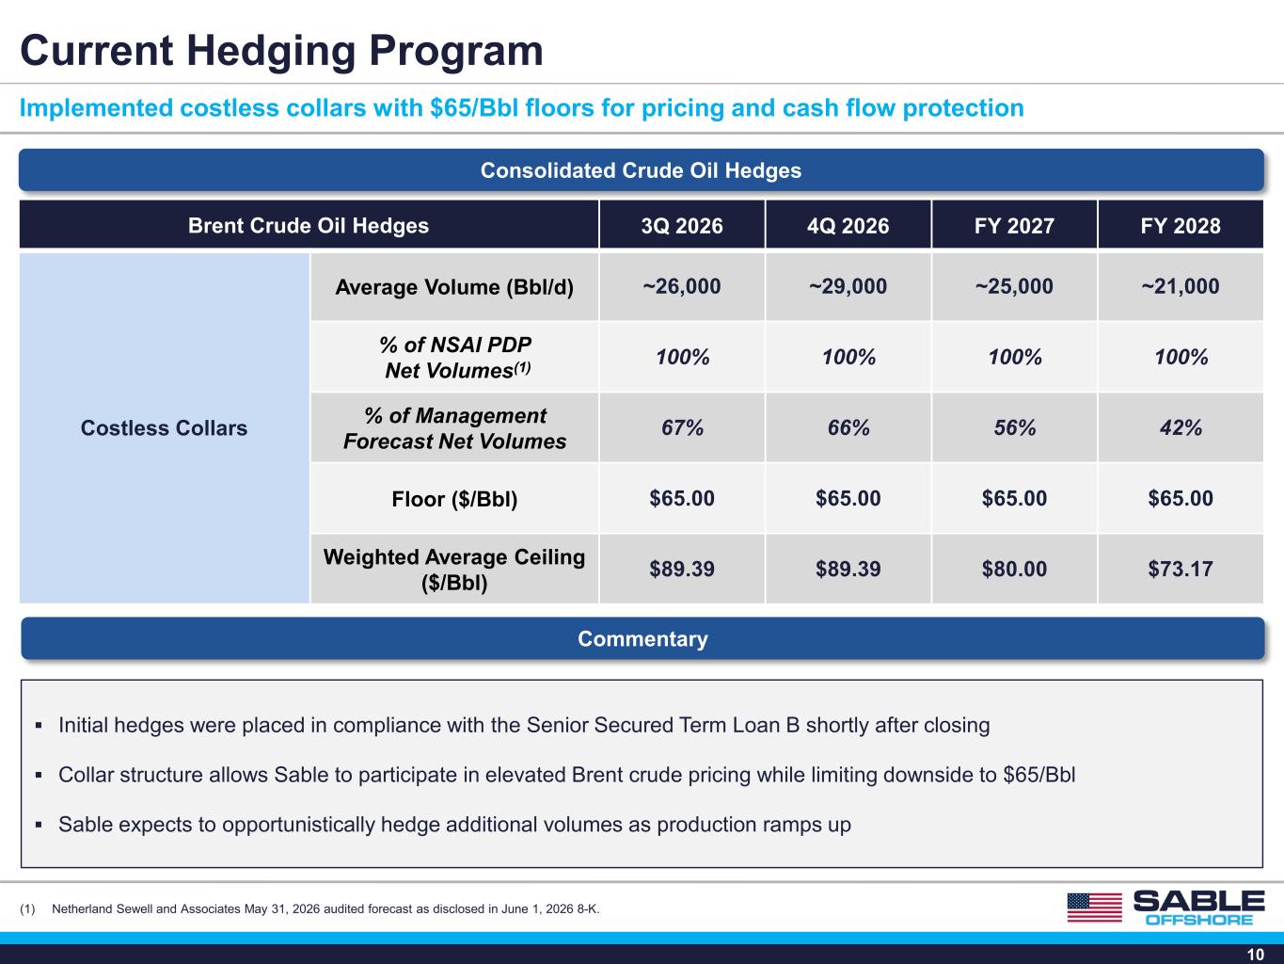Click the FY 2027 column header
point(1014,225)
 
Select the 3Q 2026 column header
point(681,225)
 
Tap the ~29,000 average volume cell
point(848,286)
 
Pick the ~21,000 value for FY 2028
point(1180,286)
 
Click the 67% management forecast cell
point(682,427)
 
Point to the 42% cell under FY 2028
point(1181,427)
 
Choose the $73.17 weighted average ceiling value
point(1180,569)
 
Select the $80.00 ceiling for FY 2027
point(1014,569)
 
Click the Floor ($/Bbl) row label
point(454,499)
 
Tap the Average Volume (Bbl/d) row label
point(454,287)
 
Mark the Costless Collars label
point(164,427)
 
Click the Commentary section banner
point(642,638)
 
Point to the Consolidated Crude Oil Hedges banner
point(642,170)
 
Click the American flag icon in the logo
point(1095,908)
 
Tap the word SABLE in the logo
point(1199,901)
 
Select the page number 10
point(1256,955)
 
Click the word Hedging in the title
point(272,52)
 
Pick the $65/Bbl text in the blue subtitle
point(474,107)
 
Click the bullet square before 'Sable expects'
point(39,825)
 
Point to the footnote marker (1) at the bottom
point(27,909)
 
